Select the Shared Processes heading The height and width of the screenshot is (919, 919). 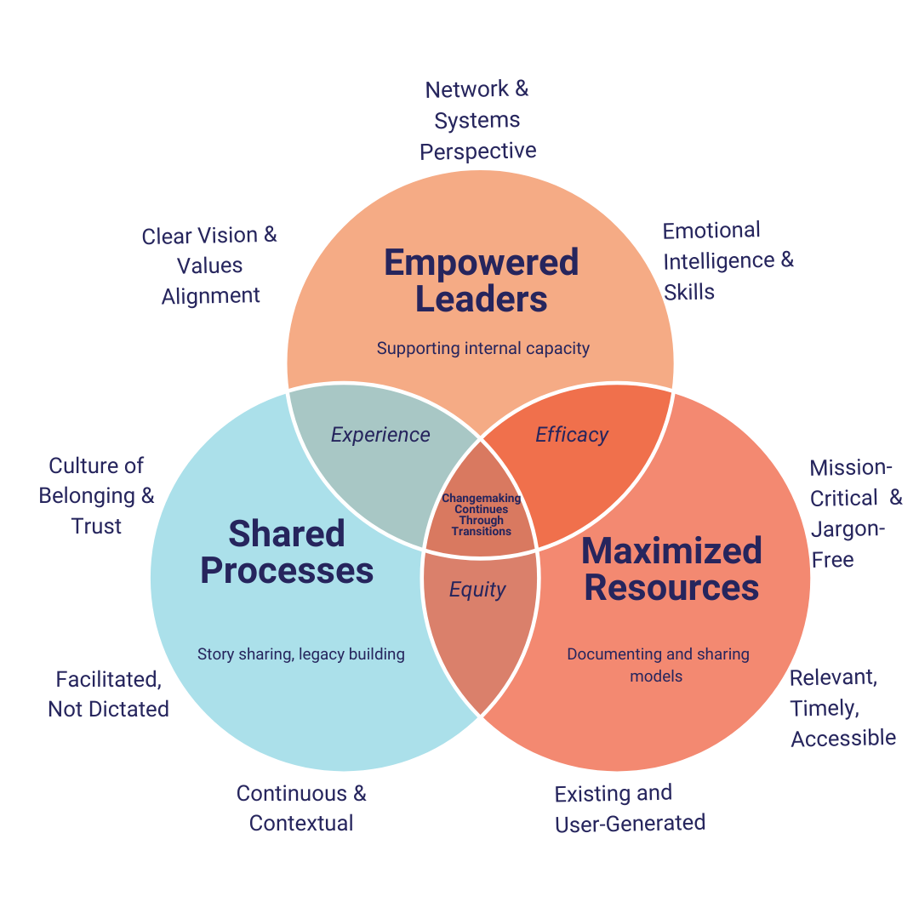click(287, 552)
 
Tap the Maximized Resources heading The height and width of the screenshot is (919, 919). click(671, 569)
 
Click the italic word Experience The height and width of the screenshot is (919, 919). click(380, 435)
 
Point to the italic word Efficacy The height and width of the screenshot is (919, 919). click(572, 435)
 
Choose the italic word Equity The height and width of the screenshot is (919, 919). click(477, 590)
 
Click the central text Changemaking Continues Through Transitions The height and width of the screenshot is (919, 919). click(481, 515)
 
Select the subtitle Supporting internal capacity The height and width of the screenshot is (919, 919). click(482, 348)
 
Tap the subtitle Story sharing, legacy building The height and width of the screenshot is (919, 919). click(300, 654)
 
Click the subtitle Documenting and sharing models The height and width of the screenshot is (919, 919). click(658, 665)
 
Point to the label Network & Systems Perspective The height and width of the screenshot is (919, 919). click(477, 120)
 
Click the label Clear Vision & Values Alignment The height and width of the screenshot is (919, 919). click(210, 265)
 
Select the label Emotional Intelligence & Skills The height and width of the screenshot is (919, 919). click(728, 260)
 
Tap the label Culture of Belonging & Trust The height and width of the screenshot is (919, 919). click(97, 496)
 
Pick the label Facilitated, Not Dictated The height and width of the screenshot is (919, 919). click(108, 694)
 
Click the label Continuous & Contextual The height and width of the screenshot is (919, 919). click(301, 808)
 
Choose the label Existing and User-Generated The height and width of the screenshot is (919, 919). click(630, 808)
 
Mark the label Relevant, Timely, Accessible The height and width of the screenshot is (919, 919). click(842, 707)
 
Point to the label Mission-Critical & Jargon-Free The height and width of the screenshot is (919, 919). click(854, 513)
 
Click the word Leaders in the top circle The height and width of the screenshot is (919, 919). click(482, 300)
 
